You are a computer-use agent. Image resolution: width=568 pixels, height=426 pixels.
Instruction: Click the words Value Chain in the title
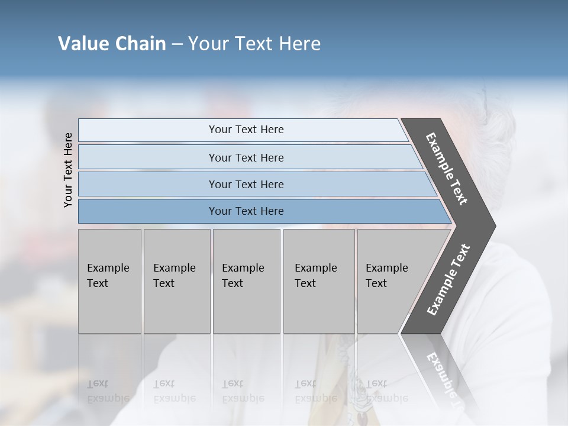(112, 44)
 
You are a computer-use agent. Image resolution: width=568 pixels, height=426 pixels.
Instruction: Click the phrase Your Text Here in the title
(254, 44)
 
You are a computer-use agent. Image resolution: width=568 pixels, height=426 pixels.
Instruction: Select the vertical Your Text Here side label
(68, 170)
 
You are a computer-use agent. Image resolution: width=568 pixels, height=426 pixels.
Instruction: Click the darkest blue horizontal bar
(148, 211)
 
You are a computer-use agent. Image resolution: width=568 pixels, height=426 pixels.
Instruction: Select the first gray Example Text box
(109, 281)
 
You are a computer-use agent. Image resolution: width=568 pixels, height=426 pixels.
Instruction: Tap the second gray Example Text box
(177, 281)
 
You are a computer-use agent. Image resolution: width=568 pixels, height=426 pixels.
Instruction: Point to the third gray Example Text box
(246, 281)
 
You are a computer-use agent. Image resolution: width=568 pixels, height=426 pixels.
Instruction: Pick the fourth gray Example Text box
(319, 281)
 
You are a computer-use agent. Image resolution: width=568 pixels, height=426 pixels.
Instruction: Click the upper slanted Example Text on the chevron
(447, 169)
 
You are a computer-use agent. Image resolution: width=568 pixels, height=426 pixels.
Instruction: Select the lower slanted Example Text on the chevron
(448, 280)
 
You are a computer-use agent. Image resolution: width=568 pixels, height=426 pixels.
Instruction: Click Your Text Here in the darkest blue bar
(246, 211)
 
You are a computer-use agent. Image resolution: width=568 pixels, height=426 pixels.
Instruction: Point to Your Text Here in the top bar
(246, 130)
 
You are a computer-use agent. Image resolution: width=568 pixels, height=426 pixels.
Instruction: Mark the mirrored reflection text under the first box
(108, 391)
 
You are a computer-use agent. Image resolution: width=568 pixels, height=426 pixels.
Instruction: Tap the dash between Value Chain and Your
(177, 44)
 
